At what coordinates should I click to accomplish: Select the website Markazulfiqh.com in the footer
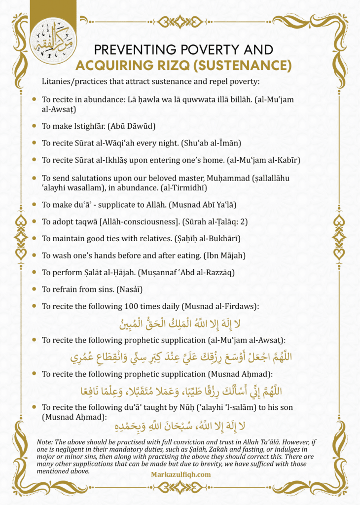click(x=180, y=474)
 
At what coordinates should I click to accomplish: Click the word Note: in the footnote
click(x=46, y=441)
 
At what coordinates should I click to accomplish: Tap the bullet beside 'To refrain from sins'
click(x=34, y=289)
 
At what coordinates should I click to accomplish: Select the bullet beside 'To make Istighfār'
click(x=34, y=126)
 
